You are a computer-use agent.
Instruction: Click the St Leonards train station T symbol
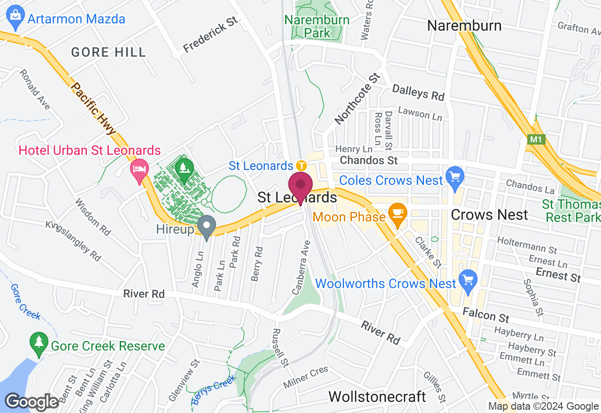(x=301, y=166)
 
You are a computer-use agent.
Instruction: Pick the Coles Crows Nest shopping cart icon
(x=455, y=177)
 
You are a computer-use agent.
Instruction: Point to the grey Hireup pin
(x=206, y=227)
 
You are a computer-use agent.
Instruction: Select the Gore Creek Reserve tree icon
(x=39, y=344)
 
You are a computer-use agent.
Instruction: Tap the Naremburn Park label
(x=317, y=27)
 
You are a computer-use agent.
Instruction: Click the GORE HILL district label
(x=108, y=52)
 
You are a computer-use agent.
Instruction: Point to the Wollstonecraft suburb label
(x=377, y=397)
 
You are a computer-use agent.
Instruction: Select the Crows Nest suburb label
(x=489, y=215)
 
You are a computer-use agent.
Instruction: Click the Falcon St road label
(x=485, y=314)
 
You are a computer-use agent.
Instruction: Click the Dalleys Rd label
(x=418, y=92)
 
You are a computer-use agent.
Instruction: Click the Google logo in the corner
(x=32, y=402)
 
